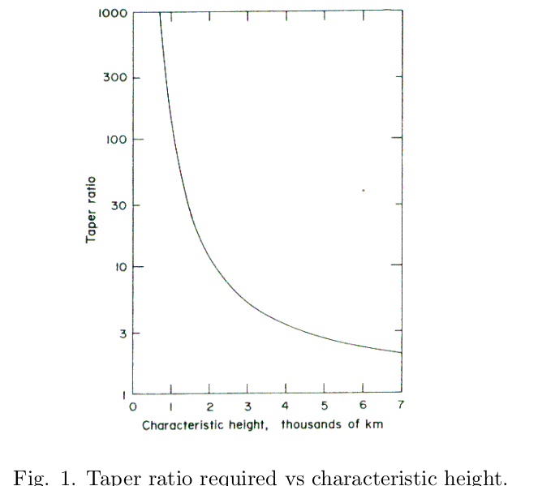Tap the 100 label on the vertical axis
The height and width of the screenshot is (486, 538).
(115, 140)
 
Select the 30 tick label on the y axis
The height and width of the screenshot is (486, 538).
(118, 204)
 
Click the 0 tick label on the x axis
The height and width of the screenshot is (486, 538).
(133, 407)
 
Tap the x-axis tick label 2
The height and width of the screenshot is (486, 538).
(209, 407)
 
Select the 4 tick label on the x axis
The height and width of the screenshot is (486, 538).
(286, 407)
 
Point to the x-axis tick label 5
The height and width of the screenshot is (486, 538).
(324, 407)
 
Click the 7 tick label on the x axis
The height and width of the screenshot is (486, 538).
(400, 407)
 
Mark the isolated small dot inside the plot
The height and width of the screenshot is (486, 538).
(363, 190)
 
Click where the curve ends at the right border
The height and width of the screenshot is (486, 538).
(401, 353)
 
